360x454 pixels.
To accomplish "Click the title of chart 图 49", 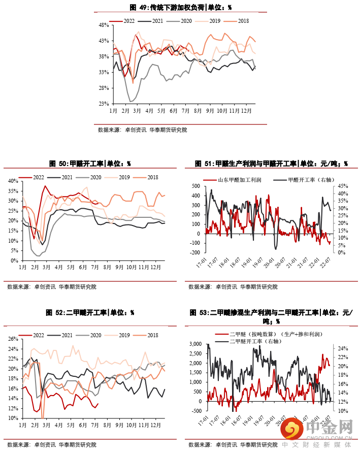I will tap(181, 8).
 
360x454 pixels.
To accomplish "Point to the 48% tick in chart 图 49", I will tap(104, 25).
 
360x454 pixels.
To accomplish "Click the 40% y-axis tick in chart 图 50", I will tap(13, 180).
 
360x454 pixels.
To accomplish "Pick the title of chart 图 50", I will tap(90, 164).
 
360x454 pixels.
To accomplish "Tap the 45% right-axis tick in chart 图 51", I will tap(341, 186).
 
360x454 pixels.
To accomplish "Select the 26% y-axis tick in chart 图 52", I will tap(13, 339).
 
